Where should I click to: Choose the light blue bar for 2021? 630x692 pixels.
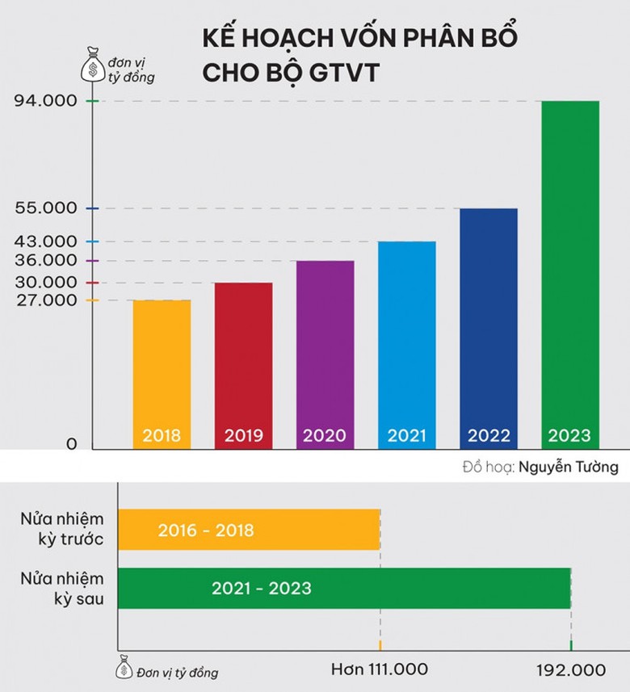click(x=406, y=339)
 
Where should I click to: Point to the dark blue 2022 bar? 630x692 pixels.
click(x=488, y=323)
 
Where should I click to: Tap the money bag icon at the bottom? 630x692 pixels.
click(x=124, y=666)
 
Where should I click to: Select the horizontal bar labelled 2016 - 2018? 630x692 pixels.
click(x=249, y=531)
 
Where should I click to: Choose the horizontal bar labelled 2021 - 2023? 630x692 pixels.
click(x=344, y=588)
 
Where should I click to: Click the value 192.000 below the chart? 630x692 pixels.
click(x=570, y=670)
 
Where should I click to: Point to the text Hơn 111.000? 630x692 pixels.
click(x=379, y=670)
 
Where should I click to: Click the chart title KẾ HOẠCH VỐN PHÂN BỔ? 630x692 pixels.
click(x=359, y=39)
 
